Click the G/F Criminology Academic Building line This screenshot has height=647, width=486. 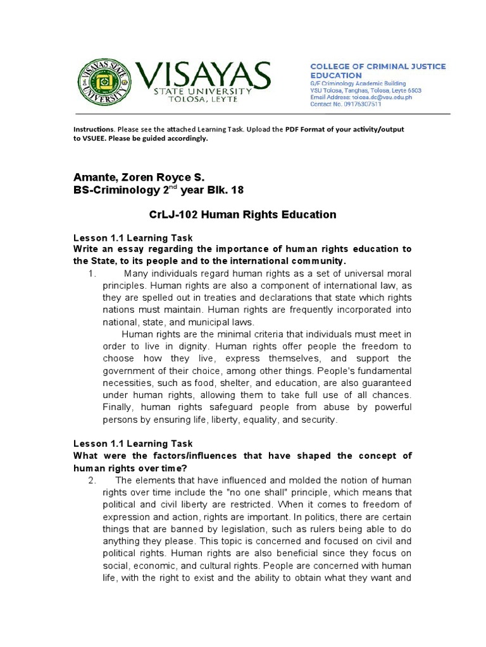(358, 83)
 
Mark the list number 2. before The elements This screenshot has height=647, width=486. (92, 480)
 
